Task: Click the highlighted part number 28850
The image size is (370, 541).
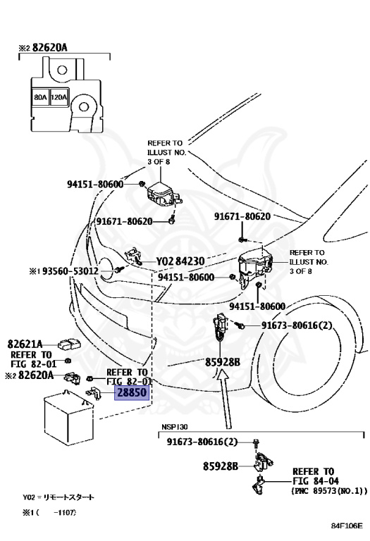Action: pos(132,392)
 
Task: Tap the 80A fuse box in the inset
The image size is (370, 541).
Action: pos(40,98)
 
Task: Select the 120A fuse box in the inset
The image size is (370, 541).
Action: pos(59,98)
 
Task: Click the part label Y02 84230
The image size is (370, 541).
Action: pos(180,261)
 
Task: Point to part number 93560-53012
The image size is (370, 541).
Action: pos(70,271)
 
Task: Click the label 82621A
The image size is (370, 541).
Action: pos(25,344)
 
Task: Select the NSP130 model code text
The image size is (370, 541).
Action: pos(175,427)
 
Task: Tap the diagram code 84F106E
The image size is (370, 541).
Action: pos(347,526)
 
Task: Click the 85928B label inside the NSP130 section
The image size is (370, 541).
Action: pos(220,466)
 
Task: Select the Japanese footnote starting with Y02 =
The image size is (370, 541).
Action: pos(58,497)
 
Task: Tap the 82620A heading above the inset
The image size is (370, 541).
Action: pos(43,47)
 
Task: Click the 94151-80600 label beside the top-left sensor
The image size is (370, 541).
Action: pos(95,184)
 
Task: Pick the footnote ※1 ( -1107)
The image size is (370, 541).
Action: pos(49,513)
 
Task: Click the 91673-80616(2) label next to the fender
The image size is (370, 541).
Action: pos(297,325)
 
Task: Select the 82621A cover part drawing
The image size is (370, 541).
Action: pos(69,344)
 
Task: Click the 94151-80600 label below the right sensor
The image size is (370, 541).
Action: pos(257,306)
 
